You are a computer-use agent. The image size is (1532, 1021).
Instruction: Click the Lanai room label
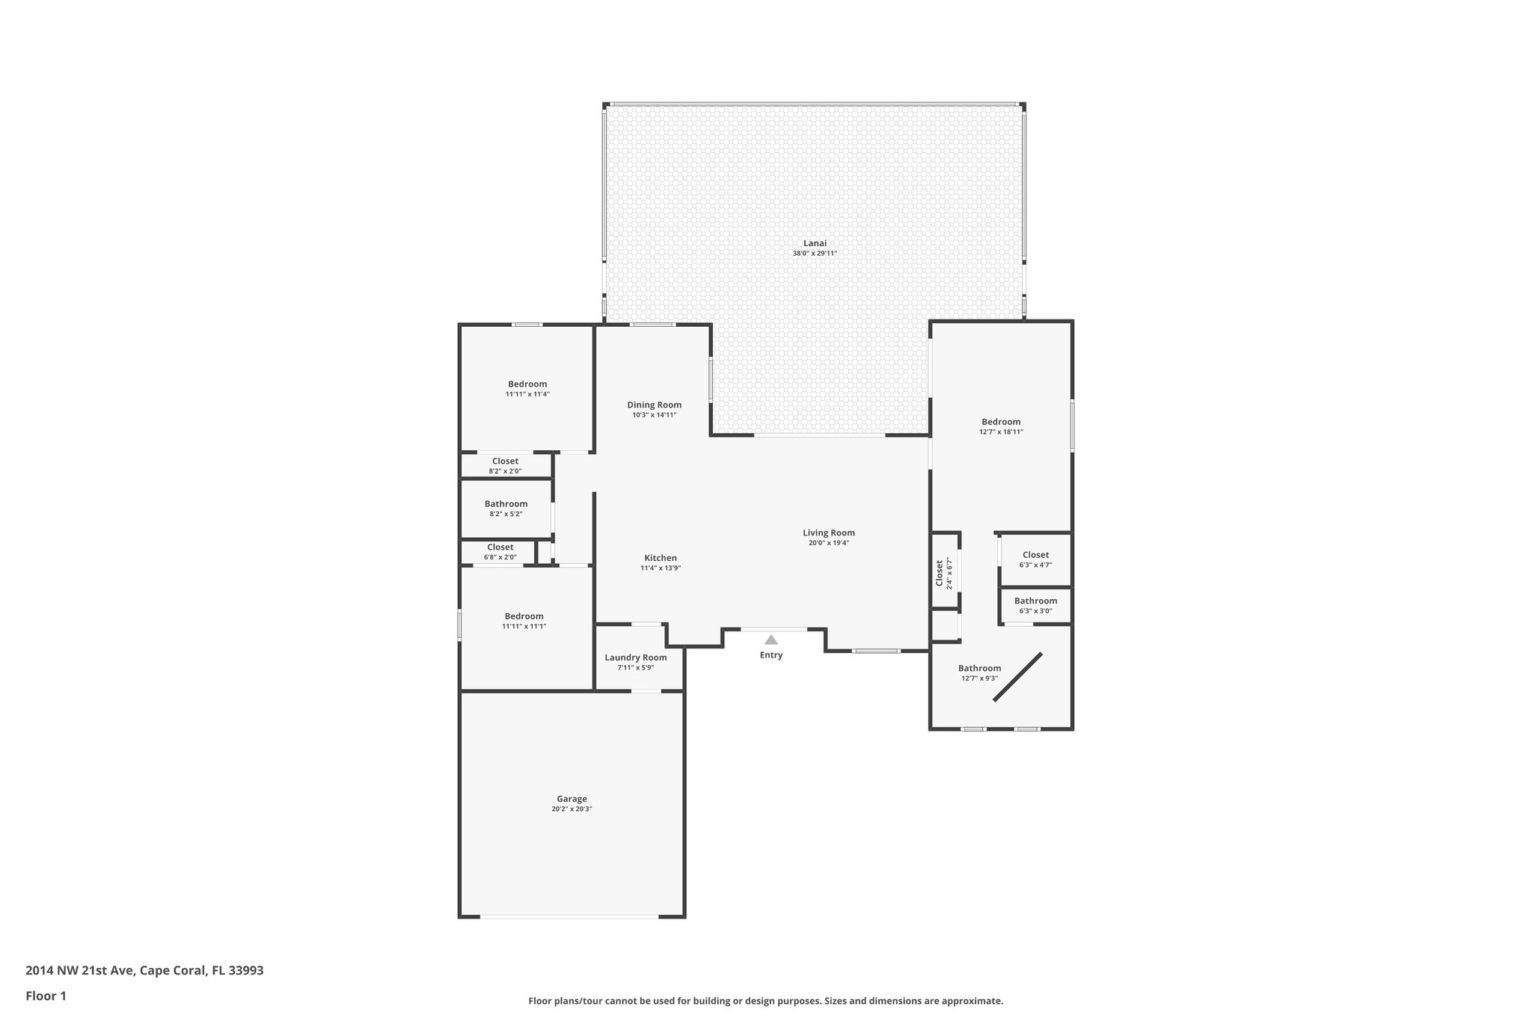(x=815, y=243)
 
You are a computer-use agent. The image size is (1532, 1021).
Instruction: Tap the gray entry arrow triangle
(x=771, y=640)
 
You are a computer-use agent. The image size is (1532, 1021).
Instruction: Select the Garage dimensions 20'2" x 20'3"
(x=572, y=809)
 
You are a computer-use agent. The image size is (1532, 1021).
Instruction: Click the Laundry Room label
(x=635, y=657)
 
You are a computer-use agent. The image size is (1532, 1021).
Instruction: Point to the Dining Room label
(x=654, y=405)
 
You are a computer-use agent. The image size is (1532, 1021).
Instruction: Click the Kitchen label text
(x=661, y=558)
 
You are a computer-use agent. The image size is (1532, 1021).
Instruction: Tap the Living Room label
(x=828, y=533)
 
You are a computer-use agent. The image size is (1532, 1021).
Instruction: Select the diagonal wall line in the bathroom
(x=1017, y=677)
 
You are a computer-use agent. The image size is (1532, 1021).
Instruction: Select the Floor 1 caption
(x=46, y=996)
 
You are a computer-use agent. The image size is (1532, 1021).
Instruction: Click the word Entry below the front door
(x=771, y=655)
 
